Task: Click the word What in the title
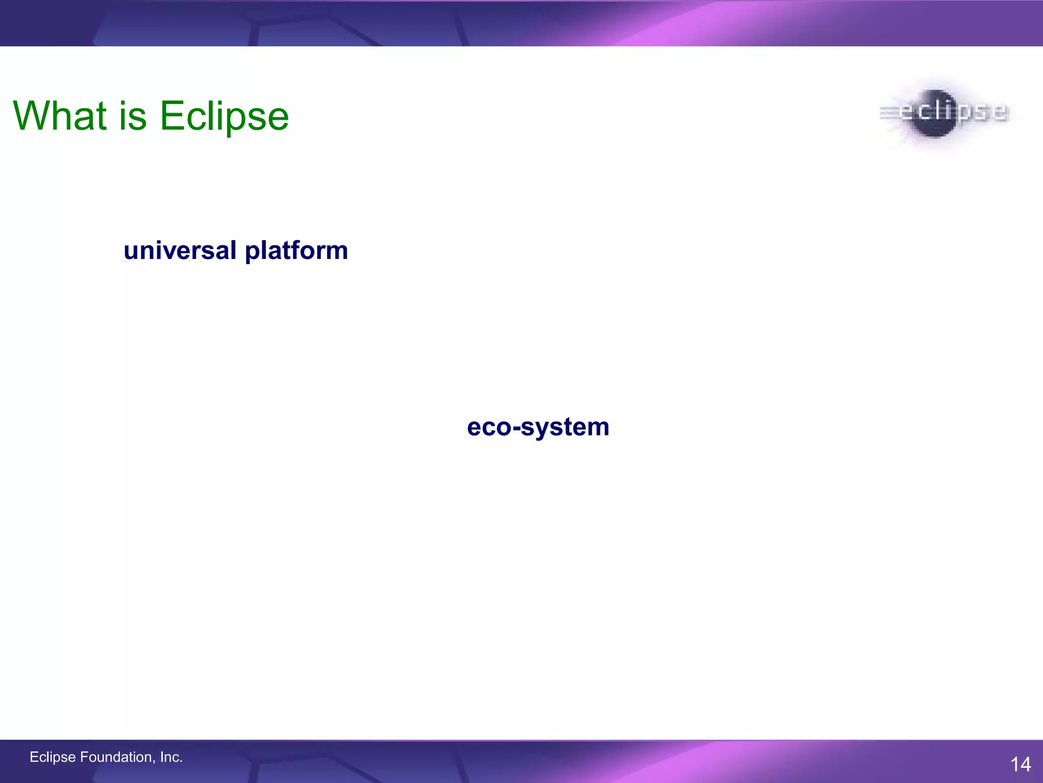(x=60, y=116)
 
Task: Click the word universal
(x=180, y=251)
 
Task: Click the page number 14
(x=1020, y=764)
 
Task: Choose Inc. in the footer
(x=171, y=757)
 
